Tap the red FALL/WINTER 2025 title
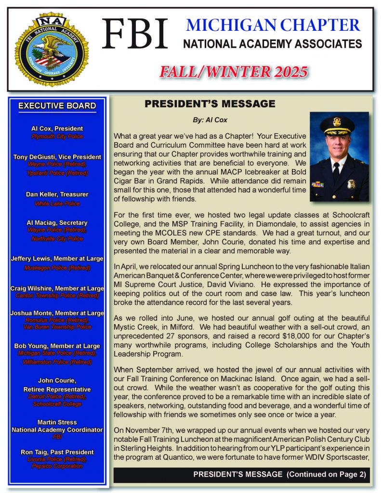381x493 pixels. click(x=234, y=72)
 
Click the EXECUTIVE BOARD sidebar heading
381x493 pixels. click(x=57, y=106)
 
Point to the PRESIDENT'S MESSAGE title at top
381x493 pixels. click(x=210, y=104)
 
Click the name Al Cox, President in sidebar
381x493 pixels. click(x=57, y=129)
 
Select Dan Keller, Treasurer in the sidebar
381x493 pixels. click(x=57, y=195)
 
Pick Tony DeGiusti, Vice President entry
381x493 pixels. click(x=57, y=156)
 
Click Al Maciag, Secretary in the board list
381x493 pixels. click(x=57, y=222)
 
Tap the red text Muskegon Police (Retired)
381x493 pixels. click(x=57, y=267)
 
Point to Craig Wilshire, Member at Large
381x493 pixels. click(x=57, y=288)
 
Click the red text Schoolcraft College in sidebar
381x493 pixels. click(x=57, y=403)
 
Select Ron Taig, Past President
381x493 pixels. click(x=57, y=452)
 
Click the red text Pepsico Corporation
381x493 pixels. click(x=57, y=466)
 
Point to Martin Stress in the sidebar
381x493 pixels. click(x=57, y=422)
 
